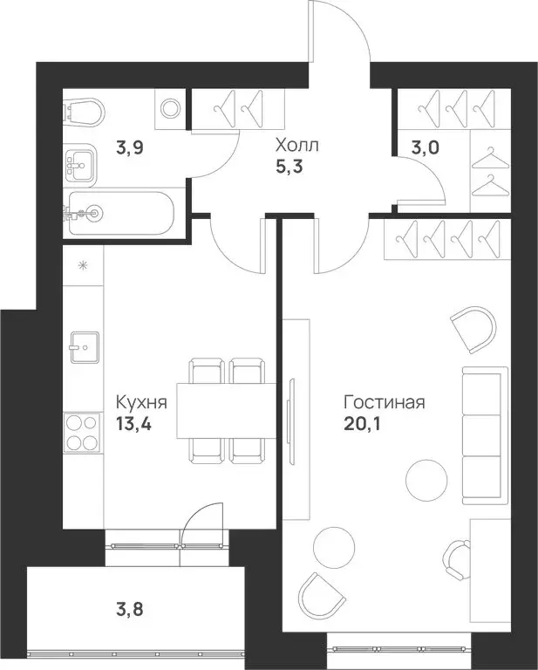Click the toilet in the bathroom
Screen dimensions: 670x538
[x=85, y=111]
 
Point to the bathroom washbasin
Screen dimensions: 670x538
[x=81, y=161]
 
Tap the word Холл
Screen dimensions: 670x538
[x=296, y=145]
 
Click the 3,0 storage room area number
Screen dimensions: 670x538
[x=425, y=147]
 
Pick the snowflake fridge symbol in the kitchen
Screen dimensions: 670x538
[x=83, y=265]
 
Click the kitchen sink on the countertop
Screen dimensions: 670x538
[x=84, y=347]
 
